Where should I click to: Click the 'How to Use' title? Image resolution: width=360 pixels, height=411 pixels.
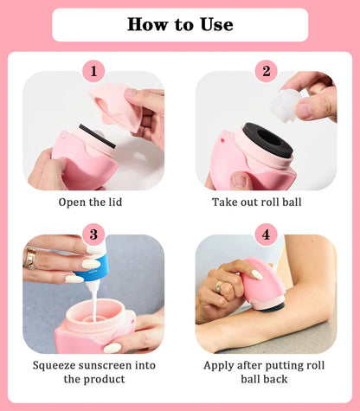[x=180, y=24]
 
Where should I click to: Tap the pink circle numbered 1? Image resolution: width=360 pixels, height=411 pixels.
[x=93, y=71]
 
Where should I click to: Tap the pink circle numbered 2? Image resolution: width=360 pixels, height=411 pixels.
[x=266, y=71]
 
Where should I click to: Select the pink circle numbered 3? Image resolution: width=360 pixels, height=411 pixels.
[x=93, y=234]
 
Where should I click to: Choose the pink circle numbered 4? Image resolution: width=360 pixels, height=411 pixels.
[x=266, y=234]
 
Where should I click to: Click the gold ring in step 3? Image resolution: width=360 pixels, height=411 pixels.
[x=31, y=258]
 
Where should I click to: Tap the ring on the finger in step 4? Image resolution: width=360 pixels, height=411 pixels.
[x=219, y=286]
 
